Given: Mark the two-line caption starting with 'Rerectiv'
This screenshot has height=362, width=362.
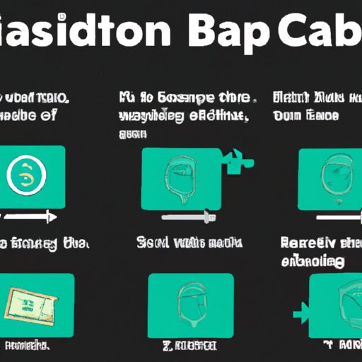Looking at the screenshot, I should coord(318,252).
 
